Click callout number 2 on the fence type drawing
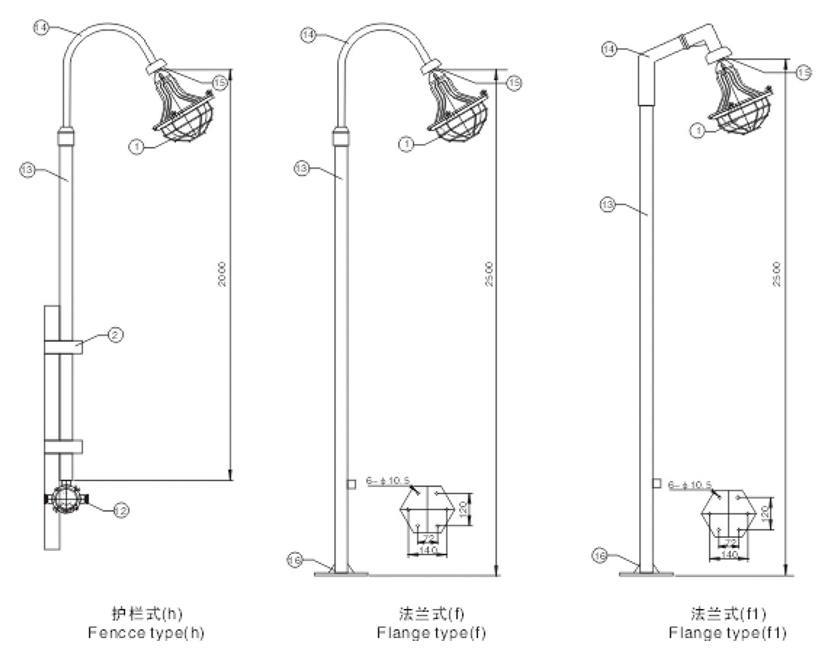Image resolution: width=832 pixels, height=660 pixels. coord(111,334)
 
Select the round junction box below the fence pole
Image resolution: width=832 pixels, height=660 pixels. coord(66,499)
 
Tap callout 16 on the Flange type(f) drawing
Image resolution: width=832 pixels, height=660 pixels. coord(295,561)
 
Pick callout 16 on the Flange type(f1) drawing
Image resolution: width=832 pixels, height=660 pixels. coord(601,555)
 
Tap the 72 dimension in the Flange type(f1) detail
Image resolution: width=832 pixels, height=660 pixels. coord(730,542)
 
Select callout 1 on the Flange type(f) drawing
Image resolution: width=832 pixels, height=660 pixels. coord(408,143)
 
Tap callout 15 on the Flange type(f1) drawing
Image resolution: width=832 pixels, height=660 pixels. coord(803,71)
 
